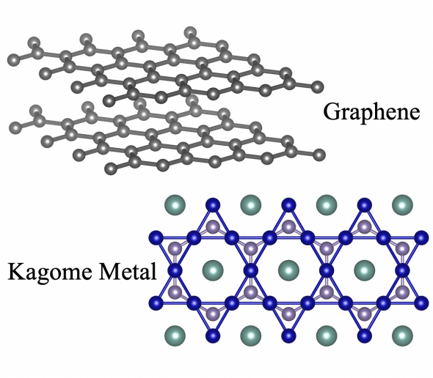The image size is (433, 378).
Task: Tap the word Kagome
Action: (x=50, y=272)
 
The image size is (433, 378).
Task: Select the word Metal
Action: (x=128, y=271)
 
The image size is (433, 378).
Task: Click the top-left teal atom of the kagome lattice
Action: (x=175, y=205)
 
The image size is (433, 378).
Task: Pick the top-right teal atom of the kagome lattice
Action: (x=402, y=205)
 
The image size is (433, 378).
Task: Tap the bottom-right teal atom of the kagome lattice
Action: (x=402, y=336)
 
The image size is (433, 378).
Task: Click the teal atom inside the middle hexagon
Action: (x=288, y=270)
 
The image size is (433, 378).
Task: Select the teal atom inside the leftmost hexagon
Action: (x=213, y=270)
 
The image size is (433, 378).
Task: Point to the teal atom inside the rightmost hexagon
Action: (x=365, y=270)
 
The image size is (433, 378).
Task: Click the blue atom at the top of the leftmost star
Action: (x=213, y=205)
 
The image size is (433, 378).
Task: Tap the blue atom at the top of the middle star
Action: (x=288, y=205)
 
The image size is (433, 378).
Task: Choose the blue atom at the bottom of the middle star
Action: (x=288, y=336)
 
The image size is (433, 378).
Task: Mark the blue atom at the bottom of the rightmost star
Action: (x=365, y=336)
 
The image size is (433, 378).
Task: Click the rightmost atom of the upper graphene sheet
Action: (x=317, y=87)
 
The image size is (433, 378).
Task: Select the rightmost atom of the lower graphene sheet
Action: (x=319, y=155)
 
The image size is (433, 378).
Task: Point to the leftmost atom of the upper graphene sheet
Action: (x=13, y=59)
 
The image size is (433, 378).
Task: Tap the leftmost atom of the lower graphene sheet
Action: (x=15, y=128)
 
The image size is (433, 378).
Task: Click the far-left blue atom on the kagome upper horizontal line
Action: (x=156, y=237)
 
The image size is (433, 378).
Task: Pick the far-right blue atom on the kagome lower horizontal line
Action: (x=421, y=303)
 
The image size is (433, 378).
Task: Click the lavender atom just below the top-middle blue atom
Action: (x=288, y=227)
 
